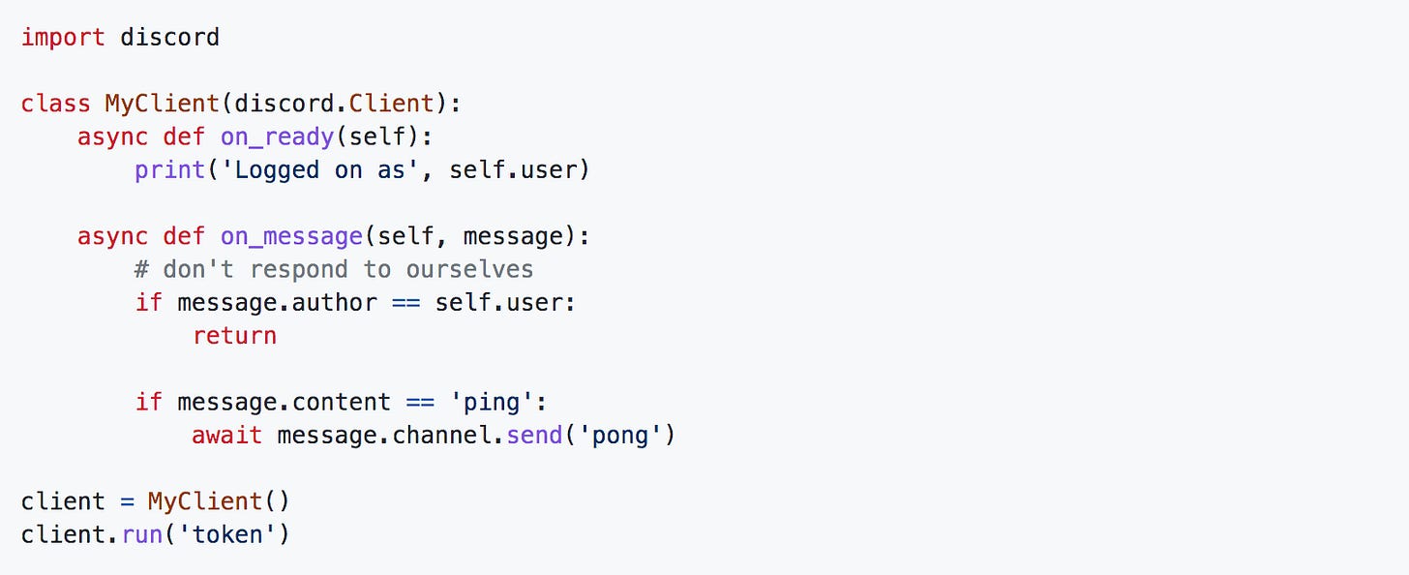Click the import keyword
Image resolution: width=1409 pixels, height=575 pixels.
(63, 38)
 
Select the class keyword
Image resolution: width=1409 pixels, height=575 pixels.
(55, 104)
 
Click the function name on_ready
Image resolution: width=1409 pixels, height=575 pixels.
(276, 137)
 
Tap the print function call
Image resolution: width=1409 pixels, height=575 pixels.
(169, 170)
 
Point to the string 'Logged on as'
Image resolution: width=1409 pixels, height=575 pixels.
(319, 170)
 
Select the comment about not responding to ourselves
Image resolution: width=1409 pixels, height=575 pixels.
(334, 269)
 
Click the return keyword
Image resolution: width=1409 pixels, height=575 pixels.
(234, 336)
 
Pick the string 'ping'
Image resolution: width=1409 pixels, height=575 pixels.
(517, 402)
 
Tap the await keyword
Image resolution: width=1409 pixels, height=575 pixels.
(226, 436)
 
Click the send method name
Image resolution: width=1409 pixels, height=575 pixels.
(534, 436)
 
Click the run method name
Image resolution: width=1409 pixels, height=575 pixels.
(142, 534)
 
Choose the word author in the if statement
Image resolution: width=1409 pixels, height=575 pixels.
(334, 303)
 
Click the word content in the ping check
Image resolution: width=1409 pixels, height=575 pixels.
(341, 402)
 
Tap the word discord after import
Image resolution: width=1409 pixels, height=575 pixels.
(169, 38)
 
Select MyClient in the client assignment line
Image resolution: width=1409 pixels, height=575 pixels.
(204, 501)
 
